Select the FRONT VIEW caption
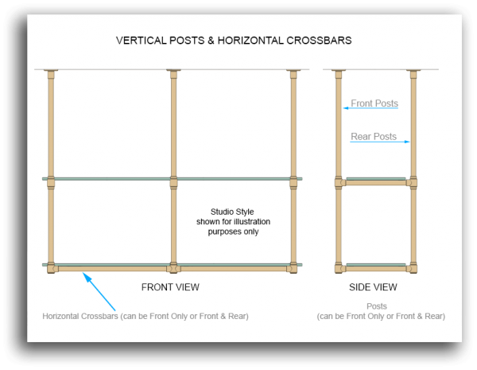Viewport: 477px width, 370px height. tap(170, 286)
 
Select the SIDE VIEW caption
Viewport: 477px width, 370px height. tap(373, 286)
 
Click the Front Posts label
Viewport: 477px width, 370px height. tap(374, 103)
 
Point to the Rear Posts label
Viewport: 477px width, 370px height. tap(374, 137)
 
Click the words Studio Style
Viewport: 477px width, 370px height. tap(227, 212)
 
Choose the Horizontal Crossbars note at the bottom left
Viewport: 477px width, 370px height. tap(145, 316)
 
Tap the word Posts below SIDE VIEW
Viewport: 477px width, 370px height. tap(377, 306)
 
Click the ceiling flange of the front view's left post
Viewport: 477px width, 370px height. tap(51, 71)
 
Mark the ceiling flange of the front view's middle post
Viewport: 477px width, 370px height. tap(173, 71)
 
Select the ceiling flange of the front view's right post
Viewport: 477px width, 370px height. tap(293, 71)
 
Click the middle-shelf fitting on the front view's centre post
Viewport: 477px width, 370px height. tap(173, 181)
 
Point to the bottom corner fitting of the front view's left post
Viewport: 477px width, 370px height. tap(52, 267)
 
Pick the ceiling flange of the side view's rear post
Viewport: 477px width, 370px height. tap(413, 71)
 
